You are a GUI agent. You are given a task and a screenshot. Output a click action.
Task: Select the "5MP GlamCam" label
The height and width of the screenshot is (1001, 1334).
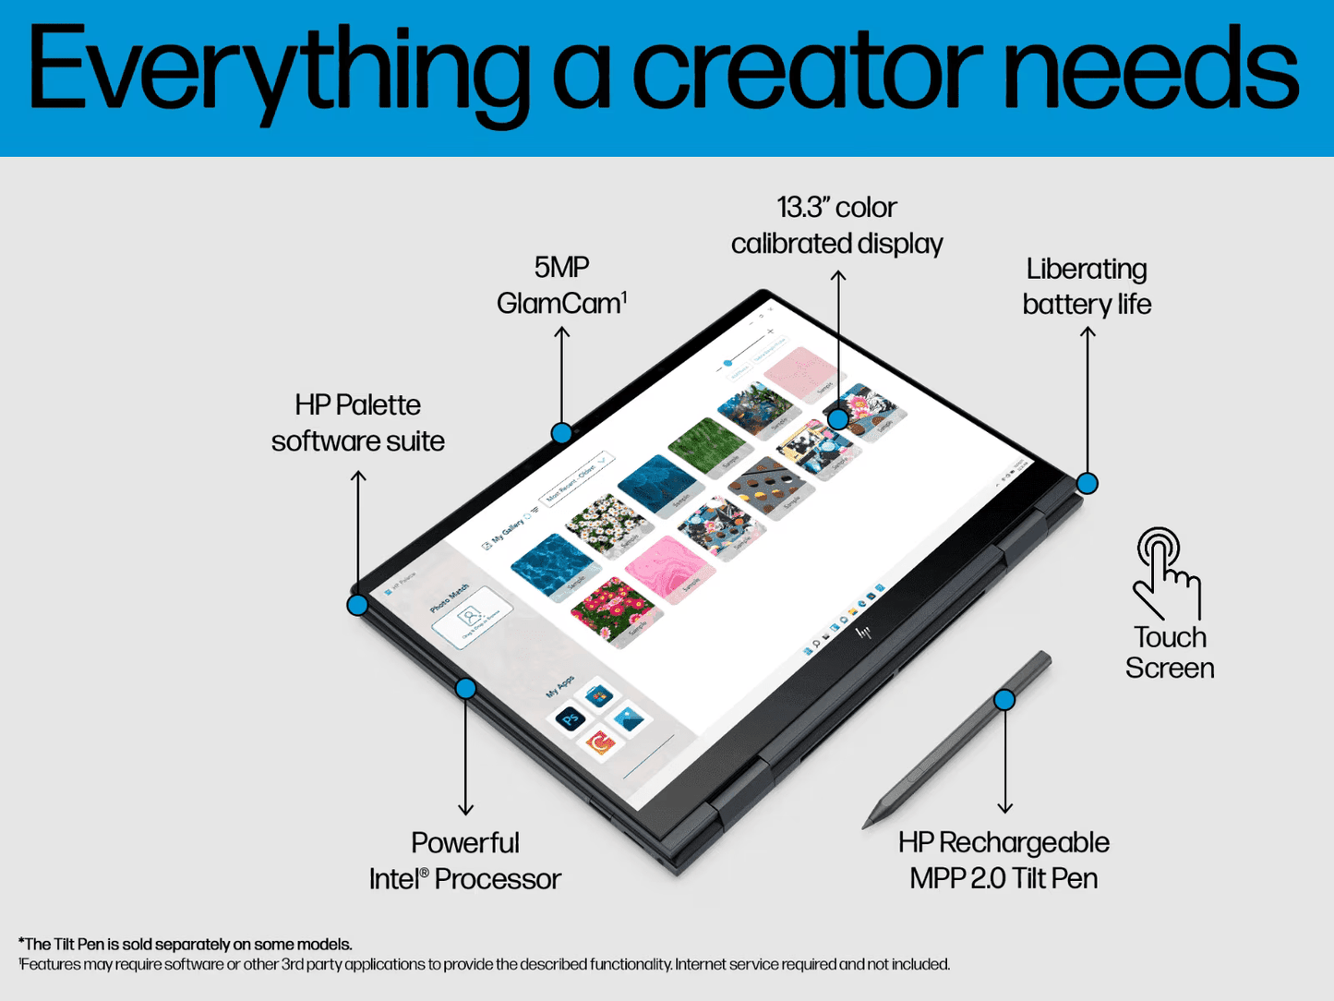(x=561, y=285)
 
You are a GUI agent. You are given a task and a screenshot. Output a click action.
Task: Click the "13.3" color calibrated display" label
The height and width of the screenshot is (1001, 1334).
(x=836, y=225)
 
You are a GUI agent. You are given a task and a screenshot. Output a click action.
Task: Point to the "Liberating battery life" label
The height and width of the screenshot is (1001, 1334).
(x=1087, y=286)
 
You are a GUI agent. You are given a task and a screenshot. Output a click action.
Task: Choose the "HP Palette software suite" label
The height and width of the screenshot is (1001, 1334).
(x=358, y=423)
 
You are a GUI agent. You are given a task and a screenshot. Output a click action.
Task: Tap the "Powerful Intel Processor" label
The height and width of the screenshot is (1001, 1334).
(x=465, y=861)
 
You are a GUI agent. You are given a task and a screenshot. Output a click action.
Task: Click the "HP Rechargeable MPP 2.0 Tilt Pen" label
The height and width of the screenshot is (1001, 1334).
(x=1004, y=860)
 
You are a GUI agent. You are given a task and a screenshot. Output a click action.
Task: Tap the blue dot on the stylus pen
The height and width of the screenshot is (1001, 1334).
(x=1004, y=700)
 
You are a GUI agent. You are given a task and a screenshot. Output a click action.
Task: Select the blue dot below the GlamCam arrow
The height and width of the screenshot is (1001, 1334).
(x=561, y=433)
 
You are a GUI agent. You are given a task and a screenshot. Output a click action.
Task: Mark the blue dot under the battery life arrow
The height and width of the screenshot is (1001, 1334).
(x=1088, y=483)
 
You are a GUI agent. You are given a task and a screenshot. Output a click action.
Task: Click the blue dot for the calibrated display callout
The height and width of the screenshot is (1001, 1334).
(x=837, y=418)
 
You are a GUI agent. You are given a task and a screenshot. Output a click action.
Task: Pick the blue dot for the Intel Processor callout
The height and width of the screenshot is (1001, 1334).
(x=465, y=688)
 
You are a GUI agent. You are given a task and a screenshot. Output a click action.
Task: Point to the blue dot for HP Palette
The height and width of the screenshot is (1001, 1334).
(x=357, y=606)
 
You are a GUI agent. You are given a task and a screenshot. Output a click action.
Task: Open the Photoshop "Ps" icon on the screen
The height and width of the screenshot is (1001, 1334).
(x=571, y=718)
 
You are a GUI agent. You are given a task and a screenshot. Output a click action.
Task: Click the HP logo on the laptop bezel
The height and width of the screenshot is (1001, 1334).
(x=864, y=633)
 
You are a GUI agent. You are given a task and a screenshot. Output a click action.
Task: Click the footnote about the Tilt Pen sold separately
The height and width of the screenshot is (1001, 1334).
(x=186, y=944)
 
